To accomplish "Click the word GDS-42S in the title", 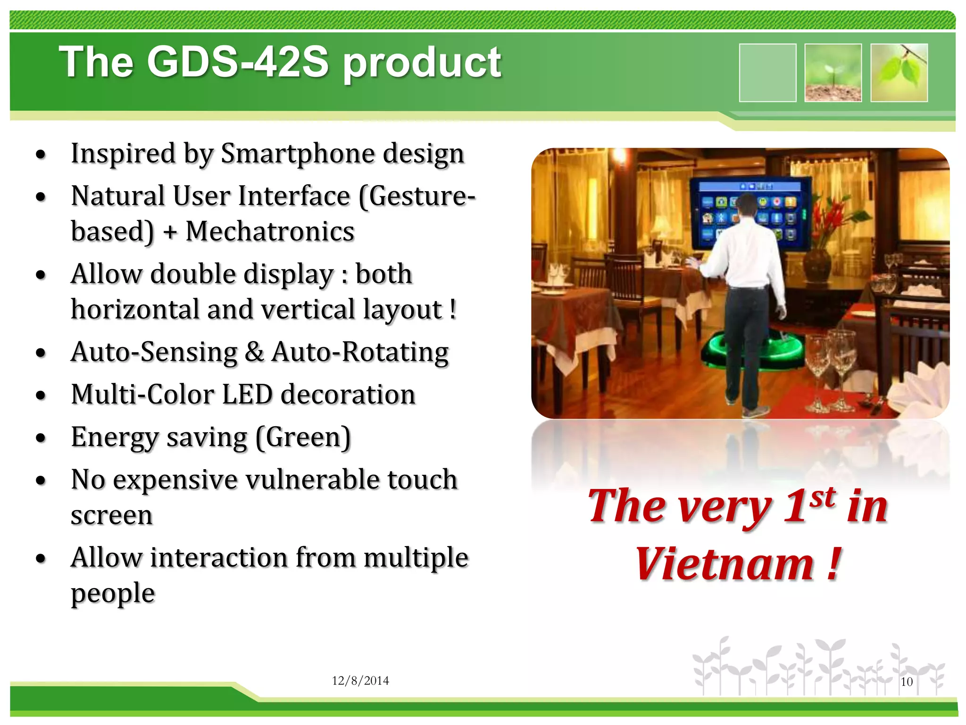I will point(237,62).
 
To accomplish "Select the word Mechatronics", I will point(270,232).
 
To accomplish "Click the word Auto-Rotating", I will point(360,353).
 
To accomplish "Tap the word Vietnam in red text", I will point(724,564).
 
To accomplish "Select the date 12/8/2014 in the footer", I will point(360,681).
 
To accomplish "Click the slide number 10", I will point(906,682).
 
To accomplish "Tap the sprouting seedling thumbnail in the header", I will point(833,73).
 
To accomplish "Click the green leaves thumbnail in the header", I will point(899,73).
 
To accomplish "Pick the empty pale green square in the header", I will point(767,73).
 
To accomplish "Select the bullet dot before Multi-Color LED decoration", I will point(42,395).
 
